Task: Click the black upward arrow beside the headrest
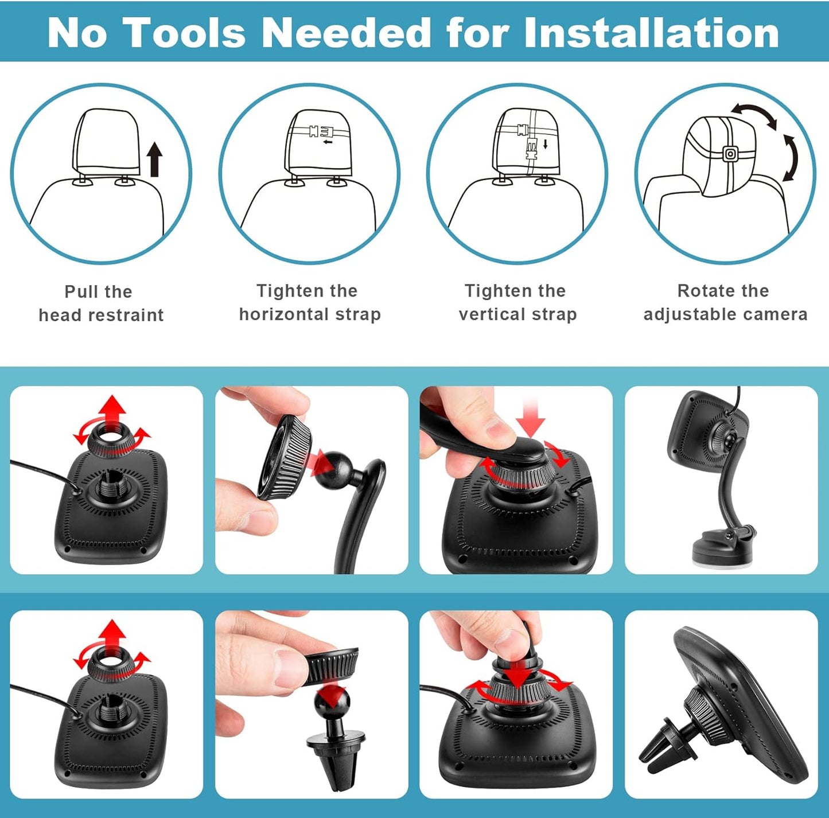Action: click(155, 160)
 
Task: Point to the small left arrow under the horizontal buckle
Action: click(328, 142)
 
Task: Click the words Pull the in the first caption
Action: click(99, 291)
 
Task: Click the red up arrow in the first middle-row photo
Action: click(113, 412)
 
